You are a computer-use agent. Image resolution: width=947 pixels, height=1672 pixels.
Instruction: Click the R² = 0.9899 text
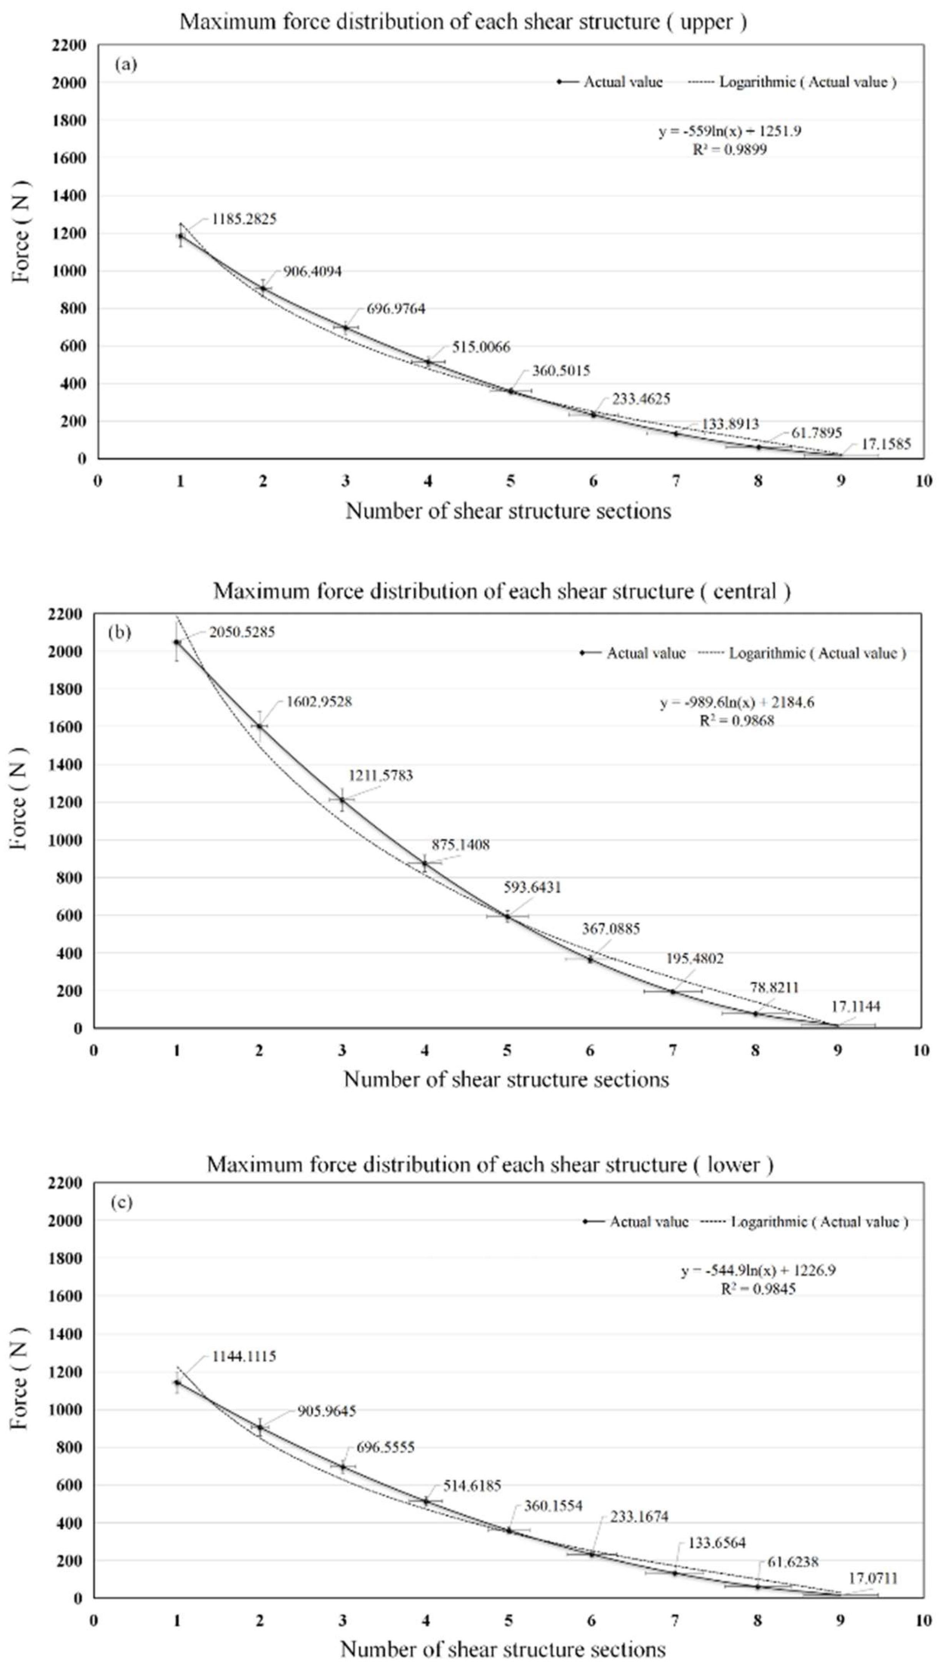coord(729,150)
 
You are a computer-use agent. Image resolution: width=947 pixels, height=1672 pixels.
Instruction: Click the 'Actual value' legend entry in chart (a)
coord(622,82)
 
